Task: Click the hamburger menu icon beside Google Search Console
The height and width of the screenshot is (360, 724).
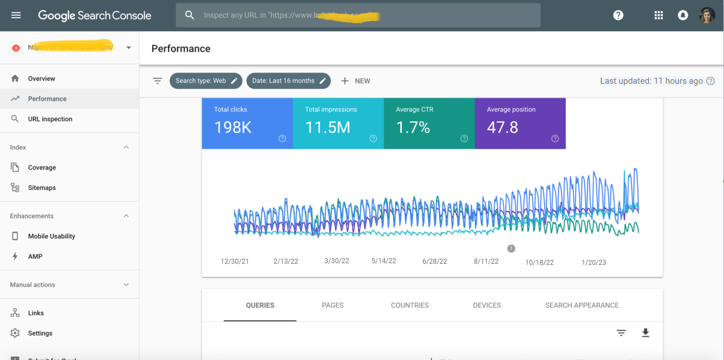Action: pos(16,15)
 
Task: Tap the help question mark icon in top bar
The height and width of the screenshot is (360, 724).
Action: pos(618,15)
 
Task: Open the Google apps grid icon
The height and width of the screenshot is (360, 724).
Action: pos(658,15)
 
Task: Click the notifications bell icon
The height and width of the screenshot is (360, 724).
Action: pos(683,15)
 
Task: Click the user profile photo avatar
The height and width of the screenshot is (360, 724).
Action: pos(707,15)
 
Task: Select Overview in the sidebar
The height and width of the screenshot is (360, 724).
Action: pos(41,79)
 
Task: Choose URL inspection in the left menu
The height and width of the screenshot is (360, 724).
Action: pos(50,119)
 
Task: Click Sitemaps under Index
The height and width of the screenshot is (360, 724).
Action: pos(42,188)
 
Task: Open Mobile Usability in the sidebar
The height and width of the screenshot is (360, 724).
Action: pos(52,236)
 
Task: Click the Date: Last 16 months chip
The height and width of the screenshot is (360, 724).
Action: pos(289,81)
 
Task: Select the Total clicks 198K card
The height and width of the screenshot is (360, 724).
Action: pos(247,123)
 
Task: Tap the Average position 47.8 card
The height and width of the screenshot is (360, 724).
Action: pos(520,123)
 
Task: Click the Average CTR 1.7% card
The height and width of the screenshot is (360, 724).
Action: pos(429,123)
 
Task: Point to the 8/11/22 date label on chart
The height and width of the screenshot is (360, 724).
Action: pos(486,262)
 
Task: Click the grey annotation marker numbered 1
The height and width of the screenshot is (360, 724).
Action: pos(511,248)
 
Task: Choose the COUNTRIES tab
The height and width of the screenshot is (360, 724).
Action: pos(410,305)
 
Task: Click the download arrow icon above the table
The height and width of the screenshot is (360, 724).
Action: pos(645,333)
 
